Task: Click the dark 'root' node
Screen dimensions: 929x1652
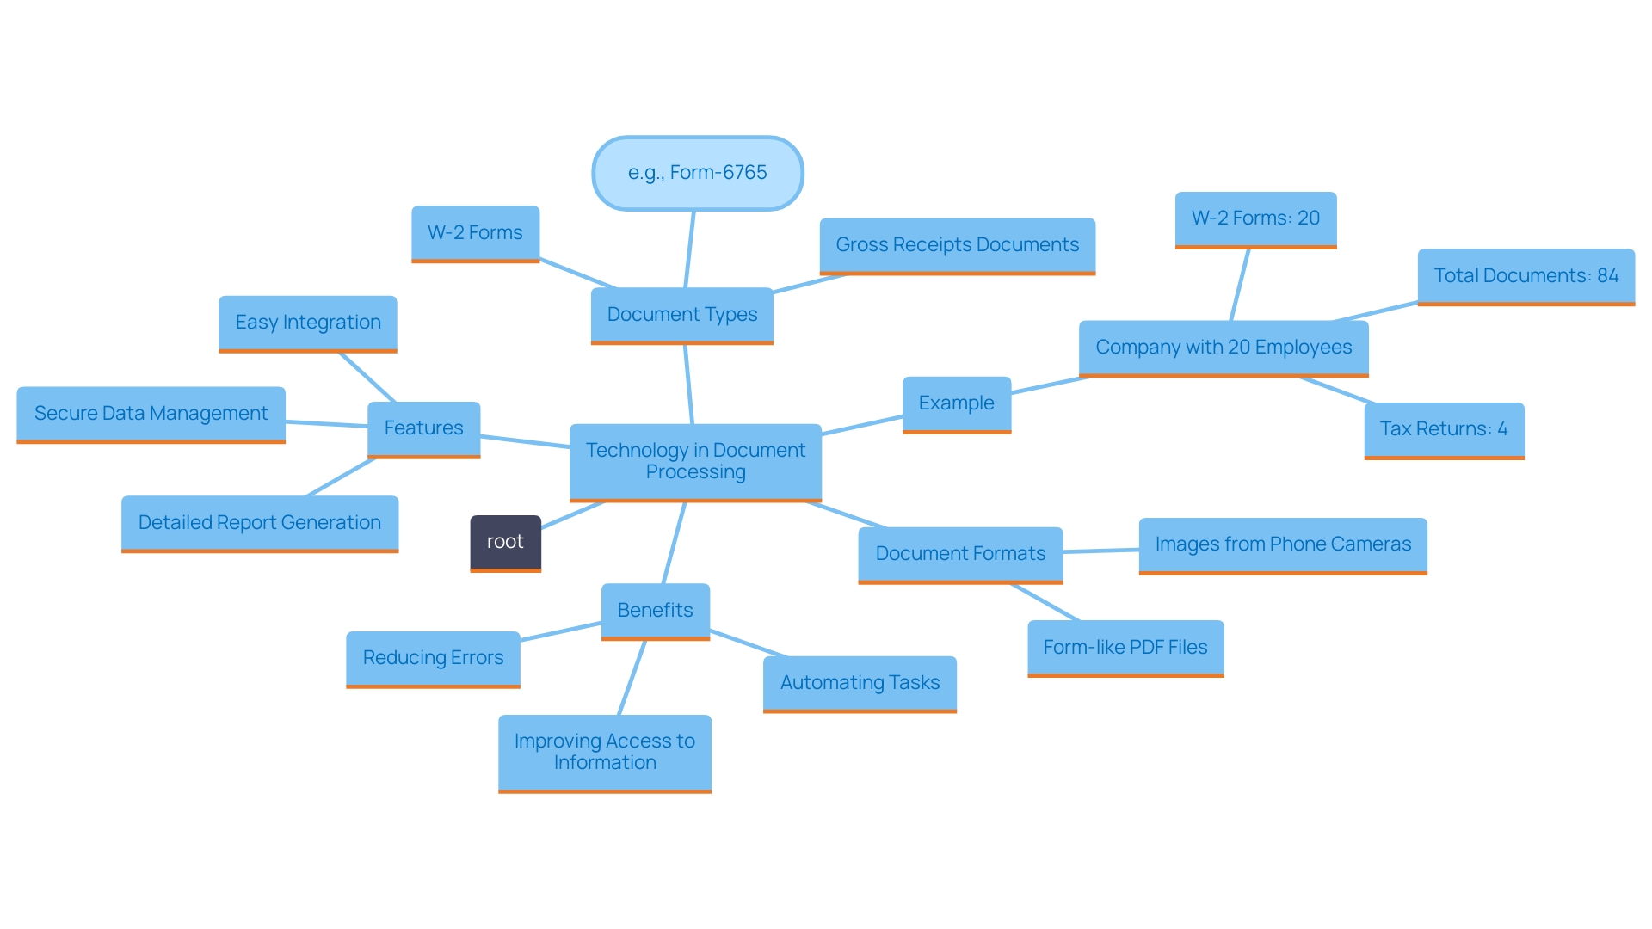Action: coord(505,542)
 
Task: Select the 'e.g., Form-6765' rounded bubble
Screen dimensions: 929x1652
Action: coord(697,173)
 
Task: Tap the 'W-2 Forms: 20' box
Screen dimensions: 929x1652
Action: coord(1255,218)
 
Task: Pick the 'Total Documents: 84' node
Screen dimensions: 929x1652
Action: coord(1526,276)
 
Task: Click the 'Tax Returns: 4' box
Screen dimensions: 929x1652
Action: coord(1443,429)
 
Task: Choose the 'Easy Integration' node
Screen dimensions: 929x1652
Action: coord(308,323)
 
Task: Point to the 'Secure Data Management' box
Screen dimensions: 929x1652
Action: coord(151,414)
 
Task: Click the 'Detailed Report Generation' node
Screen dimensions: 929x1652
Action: coord(259,523)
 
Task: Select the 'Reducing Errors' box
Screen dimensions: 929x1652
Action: coord(433,658)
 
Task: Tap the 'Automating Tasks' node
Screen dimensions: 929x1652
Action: coord(860,683)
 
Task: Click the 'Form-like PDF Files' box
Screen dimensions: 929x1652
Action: coord(1125,648)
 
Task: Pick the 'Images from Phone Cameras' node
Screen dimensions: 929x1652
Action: coord(1282,544)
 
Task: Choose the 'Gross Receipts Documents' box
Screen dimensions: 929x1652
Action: coord(957,245)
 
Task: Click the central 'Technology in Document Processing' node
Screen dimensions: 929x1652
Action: coord(695,461)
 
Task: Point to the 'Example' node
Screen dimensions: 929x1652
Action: coord(956,403)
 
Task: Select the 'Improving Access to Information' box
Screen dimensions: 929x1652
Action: coord(604,752)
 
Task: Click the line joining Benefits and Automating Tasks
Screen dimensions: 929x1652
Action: coord(747,643)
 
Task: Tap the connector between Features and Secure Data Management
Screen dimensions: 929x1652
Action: coord(327,424)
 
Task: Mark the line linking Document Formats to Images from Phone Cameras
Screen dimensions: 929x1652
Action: coord(1101,551)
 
